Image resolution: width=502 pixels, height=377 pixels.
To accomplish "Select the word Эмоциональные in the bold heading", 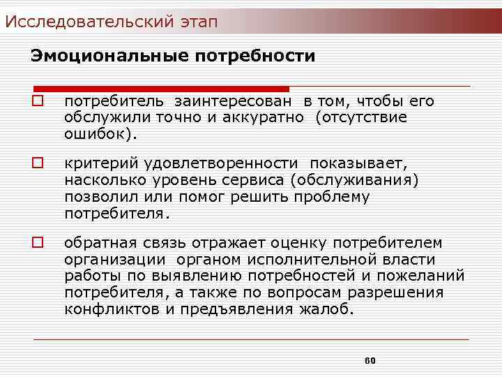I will click(x=105, y=55).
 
